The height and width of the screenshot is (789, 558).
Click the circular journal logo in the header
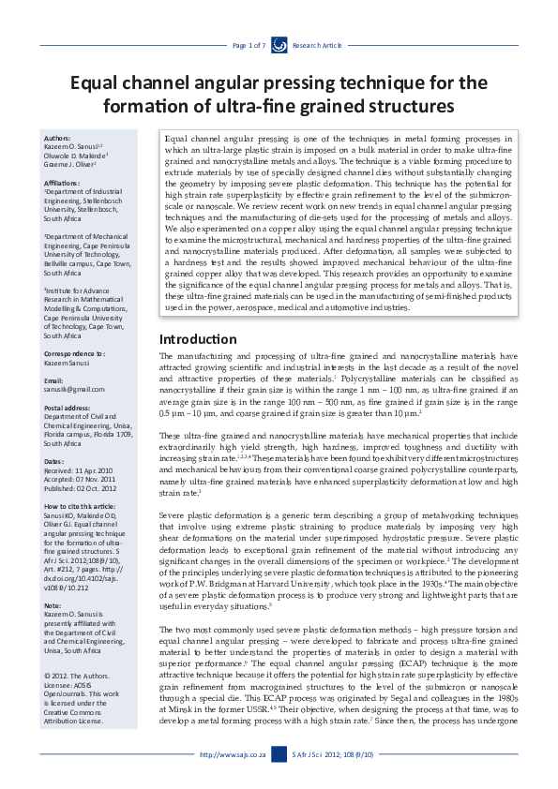tap(279, 44)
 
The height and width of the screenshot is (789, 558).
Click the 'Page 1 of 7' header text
tap(249, 45)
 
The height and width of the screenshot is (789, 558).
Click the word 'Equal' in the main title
tap(104, 83)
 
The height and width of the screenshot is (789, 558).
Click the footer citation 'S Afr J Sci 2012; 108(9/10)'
tap(333, 754)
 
